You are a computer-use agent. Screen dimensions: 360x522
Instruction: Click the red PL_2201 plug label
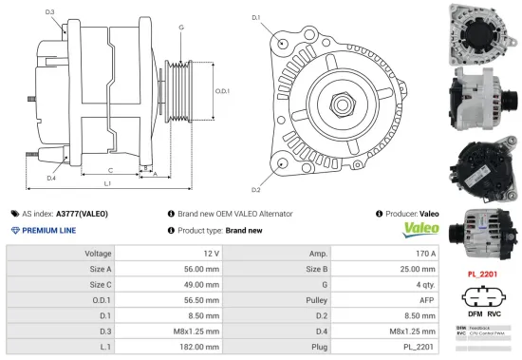[484, 274]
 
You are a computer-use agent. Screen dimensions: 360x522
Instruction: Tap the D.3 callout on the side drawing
[49, 12]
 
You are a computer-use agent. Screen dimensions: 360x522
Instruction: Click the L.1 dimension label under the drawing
[107, 182]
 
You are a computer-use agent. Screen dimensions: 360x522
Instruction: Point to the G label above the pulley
[181, 28]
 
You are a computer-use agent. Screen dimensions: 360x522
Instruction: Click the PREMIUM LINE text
[48, 231]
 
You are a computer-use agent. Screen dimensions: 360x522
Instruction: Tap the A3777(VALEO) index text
[82, 214]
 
